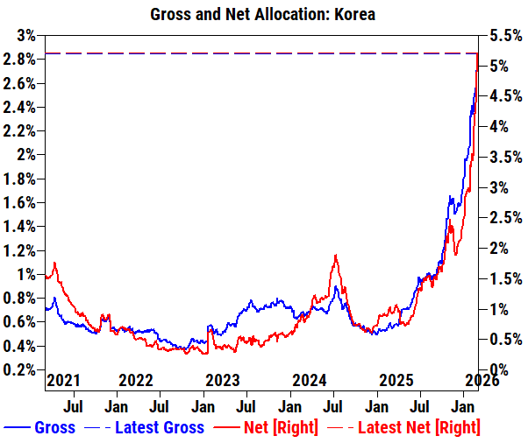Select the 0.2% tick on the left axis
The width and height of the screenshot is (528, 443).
20,369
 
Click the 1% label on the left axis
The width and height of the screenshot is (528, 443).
26,274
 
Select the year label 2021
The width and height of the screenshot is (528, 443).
63,381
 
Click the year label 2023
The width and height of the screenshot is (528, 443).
222,381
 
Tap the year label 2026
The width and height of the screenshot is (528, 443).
482,381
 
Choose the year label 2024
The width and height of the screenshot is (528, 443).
310,381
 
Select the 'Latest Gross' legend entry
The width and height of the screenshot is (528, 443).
161,427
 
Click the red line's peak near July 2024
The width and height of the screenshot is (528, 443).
335,256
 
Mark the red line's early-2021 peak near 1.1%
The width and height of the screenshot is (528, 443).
54,263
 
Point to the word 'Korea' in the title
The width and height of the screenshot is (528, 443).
354,15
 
